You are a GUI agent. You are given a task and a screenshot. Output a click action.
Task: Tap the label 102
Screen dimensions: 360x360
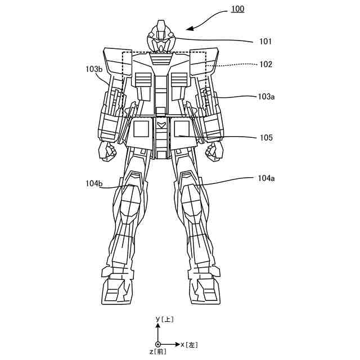coord(266,64)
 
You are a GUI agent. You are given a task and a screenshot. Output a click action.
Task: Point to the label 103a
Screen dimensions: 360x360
coord(266,97)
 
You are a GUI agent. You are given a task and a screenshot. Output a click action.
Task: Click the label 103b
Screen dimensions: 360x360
coord(94,69)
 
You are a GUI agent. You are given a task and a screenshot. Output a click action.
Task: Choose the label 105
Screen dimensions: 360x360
coord(266,137)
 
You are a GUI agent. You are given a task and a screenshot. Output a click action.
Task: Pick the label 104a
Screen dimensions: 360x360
coord(266,178)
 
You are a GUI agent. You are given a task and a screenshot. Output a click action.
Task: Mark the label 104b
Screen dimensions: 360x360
coord(94,183)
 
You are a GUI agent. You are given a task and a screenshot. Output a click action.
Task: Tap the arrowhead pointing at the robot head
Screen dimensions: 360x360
coord(189,29)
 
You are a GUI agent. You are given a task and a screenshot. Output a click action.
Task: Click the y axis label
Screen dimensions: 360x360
coord(165,319)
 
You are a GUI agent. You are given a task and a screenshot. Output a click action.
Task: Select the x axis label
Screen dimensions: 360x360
coord(190,344)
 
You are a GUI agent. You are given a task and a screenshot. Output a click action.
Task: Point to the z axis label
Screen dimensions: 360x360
coord(158,352)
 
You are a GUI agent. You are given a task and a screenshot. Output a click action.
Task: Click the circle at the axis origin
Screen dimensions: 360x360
coord(158,344)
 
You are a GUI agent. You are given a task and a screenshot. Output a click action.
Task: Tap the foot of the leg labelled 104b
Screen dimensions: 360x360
coord(118,290)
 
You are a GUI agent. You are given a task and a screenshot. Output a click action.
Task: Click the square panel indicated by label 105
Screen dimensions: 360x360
coord(181,129)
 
